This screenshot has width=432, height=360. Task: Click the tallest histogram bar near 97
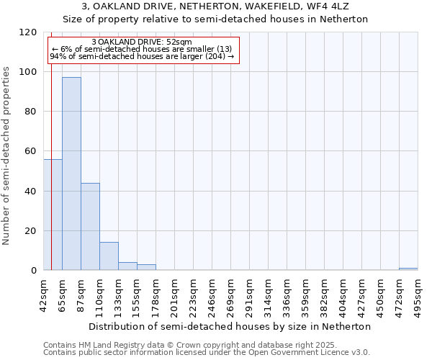(71, 174)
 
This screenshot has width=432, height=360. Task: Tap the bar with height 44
(90, 227)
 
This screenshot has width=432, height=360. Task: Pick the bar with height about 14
(109, 256)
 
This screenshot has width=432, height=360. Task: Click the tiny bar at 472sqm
(408, 269)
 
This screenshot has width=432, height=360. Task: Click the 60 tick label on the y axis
(32, 151)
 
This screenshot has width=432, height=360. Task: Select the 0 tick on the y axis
(34, 271)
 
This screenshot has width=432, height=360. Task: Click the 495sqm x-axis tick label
(418, 293)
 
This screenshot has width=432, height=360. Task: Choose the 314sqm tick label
(268, 293)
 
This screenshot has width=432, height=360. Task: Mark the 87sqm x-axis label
(81, 293)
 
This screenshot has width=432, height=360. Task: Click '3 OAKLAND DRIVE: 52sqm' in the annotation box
(142, 42)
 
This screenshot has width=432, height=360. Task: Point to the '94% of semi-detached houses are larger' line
(142, 56)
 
